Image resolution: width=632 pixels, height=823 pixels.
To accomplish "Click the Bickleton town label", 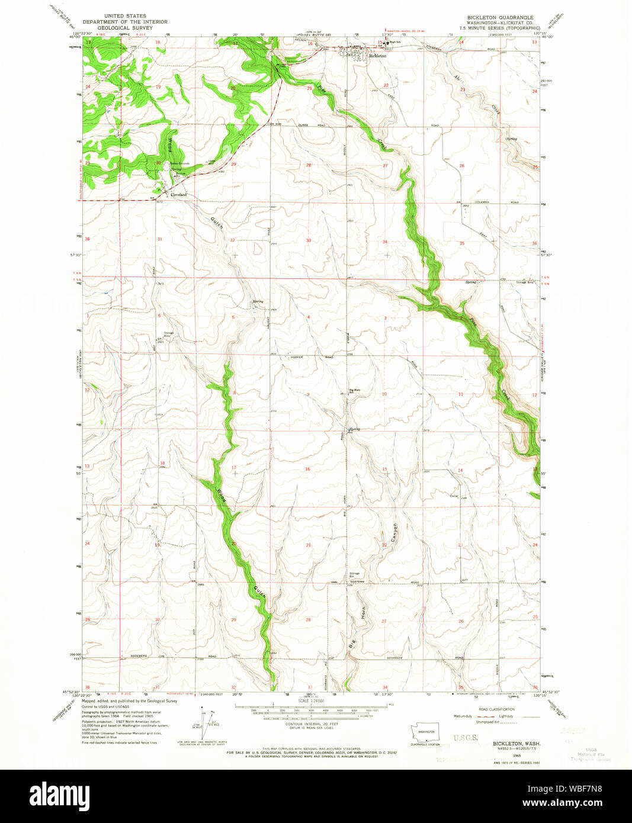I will coord(378,56).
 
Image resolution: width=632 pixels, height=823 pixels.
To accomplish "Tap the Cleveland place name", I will coord(178,194).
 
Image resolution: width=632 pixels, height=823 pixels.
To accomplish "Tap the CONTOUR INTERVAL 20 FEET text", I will coord(312,724).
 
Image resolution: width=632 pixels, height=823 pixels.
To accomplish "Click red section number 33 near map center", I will coord(309,240).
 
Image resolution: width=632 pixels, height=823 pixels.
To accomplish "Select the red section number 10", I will coord(384,394).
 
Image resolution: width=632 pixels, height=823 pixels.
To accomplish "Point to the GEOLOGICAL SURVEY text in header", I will coord(124,27).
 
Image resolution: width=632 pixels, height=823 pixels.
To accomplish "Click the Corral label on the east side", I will coord(454,496).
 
